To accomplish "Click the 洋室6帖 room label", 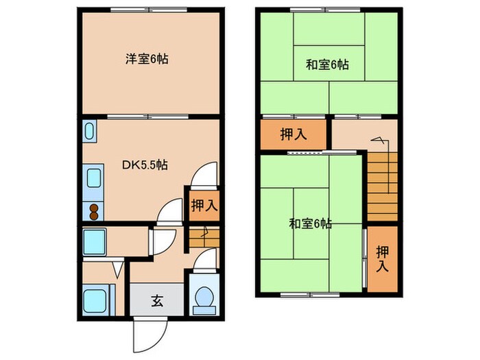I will [147, 59].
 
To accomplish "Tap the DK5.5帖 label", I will [146, 165].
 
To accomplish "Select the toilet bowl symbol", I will [203, 298].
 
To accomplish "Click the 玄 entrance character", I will [156, 300].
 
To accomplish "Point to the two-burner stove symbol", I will [93, 211].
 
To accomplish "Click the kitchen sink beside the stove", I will [93, 181].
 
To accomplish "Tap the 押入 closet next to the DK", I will [204, 204].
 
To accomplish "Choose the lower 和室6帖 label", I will [311, 224].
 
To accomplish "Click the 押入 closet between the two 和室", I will [293, 134].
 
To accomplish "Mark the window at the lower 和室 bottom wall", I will [311, 294].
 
